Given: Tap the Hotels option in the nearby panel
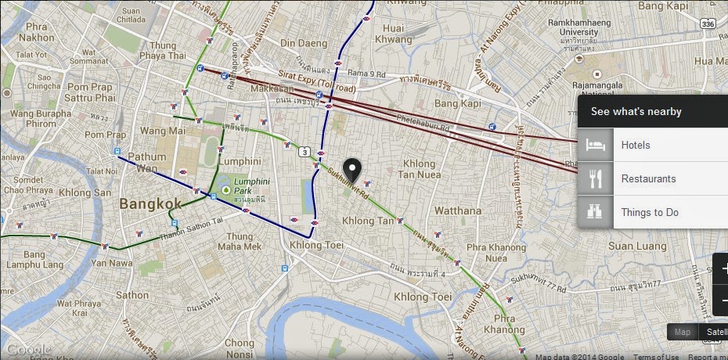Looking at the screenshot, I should (636, 146).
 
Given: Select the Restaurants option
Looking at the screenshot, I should (648, 179).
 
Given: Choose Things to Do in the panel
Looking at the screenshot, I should (650, 212).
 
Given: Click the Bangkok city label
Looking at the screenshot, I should (150, 203).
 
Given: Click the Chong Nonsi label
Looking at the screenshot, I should (240, 348).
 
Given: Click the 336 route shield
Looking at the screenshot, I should (708, 25).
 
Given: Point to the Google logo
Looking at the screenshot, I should (27, 349).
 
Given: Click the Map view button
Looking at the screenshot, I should (683, 332).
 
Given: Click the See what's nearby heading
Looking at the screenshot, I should (636, 112).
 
